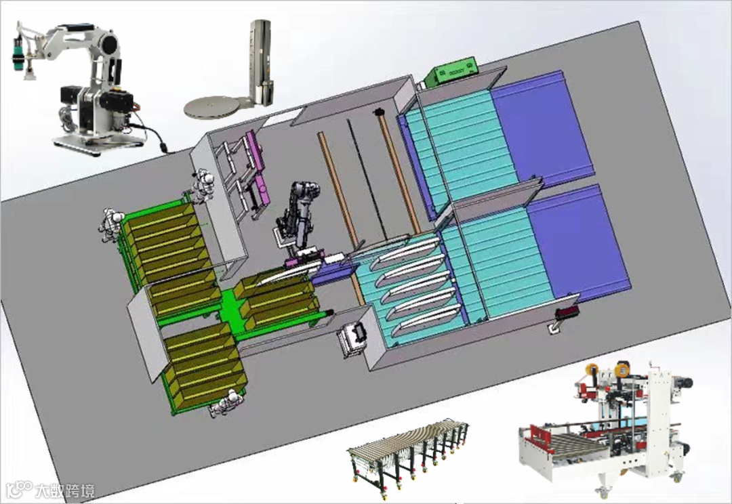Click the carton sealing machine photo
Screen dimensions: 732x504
click(x=605, y=427)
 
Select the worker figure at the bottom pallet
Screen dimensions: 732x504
click(x=226, y=403)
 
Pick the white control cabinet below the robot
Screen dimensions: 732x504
click(x=353, y=340)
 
